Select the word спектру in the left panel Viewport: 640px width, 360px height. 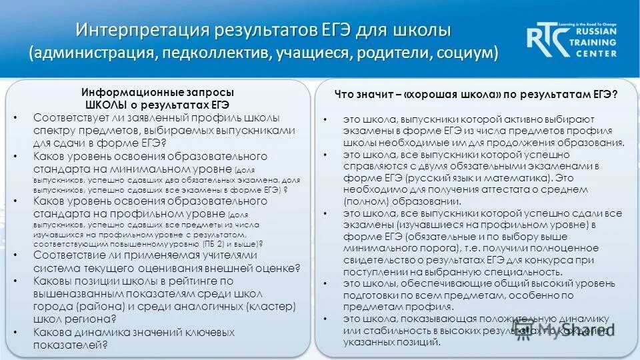tap(53, 130)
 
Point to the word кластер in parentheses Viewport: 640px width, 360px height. tap(273, 306)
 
